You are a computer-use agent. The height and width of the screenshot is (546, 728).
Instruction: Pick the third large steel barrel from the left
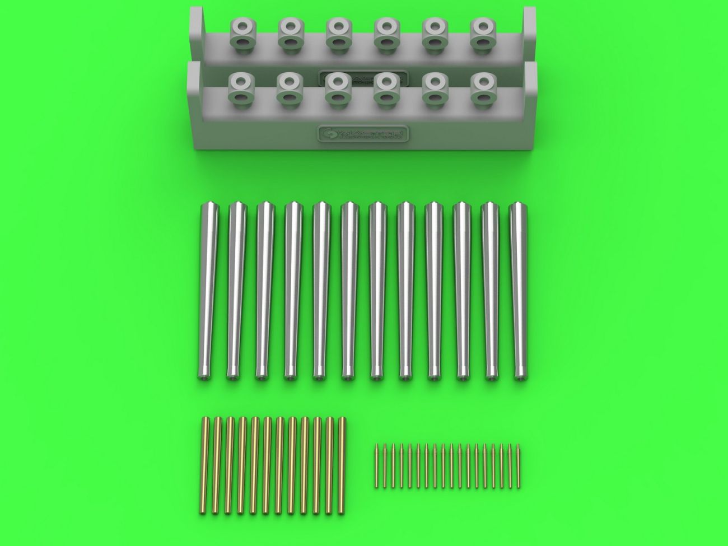click(262, 291)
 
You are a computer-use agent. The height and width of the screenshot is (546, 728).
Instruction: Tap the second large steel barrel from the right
click(489, 291)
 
